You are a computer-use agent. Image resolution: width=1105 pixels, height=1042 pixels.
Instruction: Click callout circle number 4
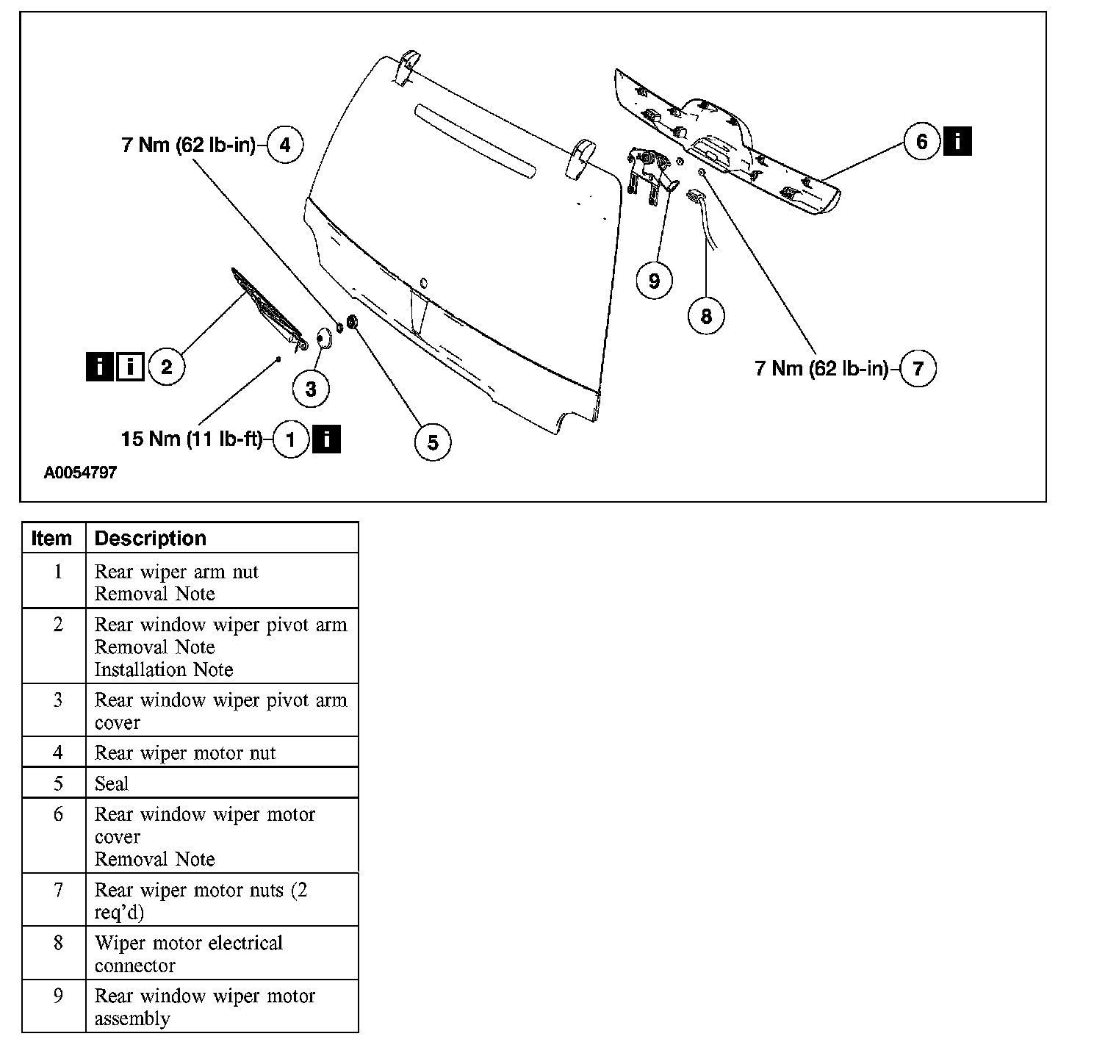coord(284,145)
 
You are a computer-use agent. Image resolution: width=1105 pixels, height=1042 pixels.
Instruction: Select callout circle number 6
coord(922,140)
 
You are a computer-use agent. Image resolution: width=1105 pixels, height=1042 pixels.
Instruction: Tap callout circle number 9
coord(654,281)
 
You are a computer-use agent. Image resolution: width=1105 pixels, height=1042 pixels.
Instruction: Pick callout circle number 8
coord(706,316)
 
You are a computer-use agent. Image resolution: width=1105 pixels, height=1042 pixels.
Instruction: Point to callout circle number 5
coord(432,442)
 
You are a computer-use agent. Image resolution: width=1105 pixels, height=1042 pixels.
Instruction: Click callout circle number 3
coord(311,389)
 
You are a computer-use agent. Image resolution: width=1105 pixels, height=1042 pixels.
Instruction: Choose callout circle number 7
coord(918,367)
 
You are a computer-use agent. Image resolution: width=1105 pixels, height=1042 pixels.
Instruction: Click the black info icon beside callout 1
coord(326,439)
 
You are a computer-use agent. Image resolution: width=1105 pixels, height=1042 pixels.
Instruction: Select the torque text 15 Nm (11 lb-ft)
coord(191,439)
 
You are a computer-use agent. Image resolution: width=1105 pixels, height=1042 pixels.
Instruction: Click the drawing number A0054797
coord(80,473)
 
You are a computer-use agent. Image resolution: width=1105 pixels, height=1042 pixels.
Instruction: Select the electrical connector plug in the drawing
coord(695,195)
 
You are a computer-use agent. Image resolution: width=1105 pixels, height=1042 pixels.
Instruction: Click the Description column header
coord(151,538)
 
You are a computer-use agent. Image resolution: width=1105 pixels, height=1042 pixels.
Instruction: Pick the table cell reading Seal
coord(112,783)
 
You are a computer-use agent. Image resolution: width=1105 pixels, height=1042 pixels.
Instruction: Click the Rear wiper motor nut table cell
coord(185,752)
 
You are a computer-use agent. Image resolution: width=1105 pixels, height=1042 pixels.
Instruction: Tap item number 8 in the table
coord(58,943)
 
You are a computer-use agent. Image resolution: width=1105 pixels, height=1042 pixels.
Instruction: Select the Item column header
coord(51,538)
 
